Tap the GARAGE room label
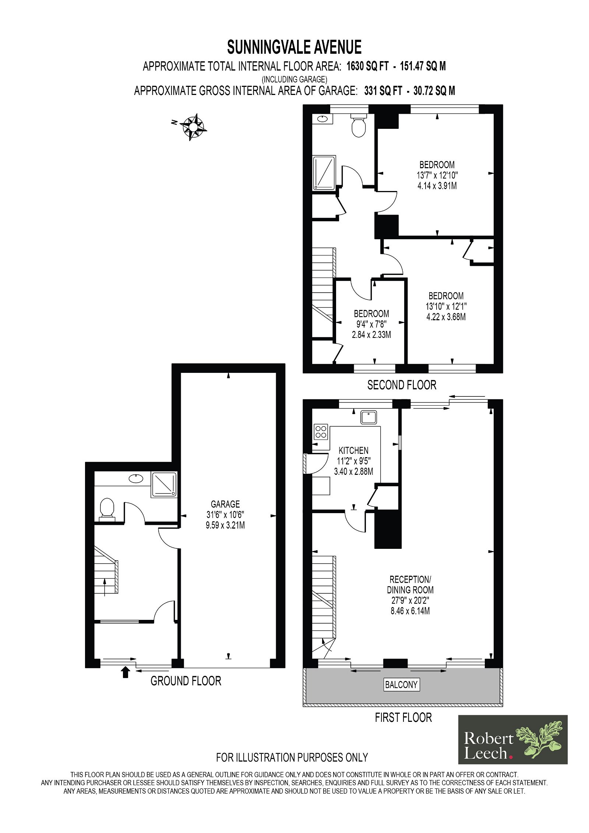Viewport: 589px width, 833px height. click(x=225, y=504)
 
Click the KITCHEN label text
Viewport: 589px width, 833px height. click(x=353, y=450)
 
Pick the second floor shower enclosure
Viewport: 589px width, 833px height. click(x=324, y=173)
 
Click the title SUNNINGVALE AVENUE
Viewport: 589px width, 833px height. click(x=294, y=47)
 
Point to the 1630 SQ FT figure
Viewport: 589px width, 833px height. click(x=368, y=66)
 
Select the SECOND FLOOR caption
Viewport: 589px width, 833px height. click(x=402, y=385)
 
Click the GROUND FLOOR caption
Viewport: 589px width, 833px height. click(x=186, y=681)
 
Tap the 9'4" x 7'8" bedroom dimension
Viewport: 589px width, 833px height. click(x=371, y=324)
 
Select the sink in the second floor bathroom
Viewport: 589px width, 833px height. click(x=322, y=119)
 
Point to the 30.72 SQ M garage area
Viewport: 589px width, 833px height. click(x=434, y=91)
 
